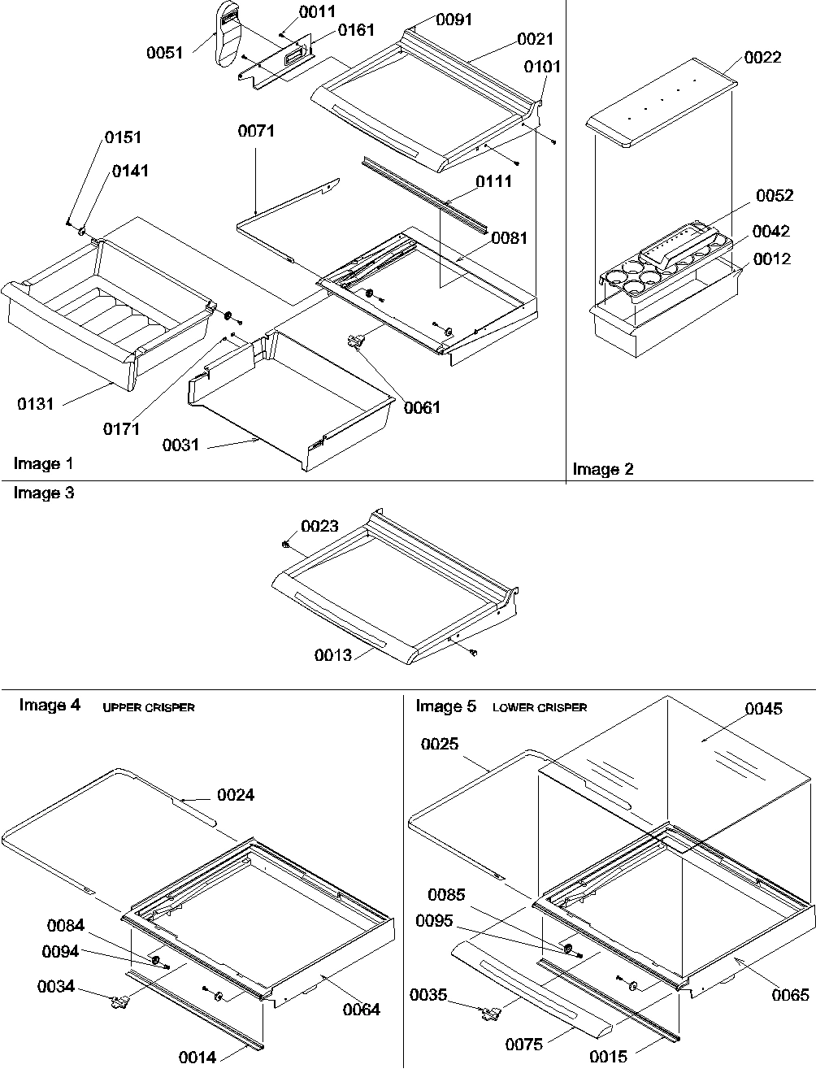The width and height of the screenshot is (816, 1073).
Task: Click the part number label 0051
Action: click(163, 52)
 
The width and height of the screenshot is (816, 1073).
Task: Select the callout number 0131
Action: click(35, 404)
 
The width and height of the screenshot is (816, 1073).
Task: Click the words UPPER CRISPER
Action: click(149, 708)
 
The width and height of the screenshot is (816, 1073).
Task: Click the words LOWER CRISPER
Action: click(540, 708)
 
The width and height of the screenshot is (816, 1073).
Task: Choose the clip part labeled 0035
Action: click(490, 1012)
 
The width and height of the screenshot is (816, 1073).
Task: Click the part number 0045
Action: click(764, 709)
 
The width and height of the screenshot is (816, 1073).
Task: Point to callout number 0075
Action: click(523, 1045)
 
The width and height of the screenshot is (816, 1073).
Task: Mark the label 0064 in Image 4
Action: click(361, 1010)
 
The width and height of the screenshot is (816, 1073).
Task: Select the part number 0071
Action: click(256, 131)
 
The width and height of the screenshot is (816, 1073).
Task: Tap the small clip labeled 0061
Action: click(354, 342)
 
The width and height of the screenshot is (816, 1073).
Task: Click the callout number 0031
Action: click(180, 445)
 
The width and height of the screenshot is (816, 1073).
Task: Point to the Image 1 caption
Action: click(43, 464)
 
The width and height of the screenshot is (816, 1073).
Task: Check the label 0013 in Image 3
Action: click(334, 655)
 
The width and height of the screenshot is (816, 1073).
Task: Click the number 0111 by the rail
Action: click(494, 181)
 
